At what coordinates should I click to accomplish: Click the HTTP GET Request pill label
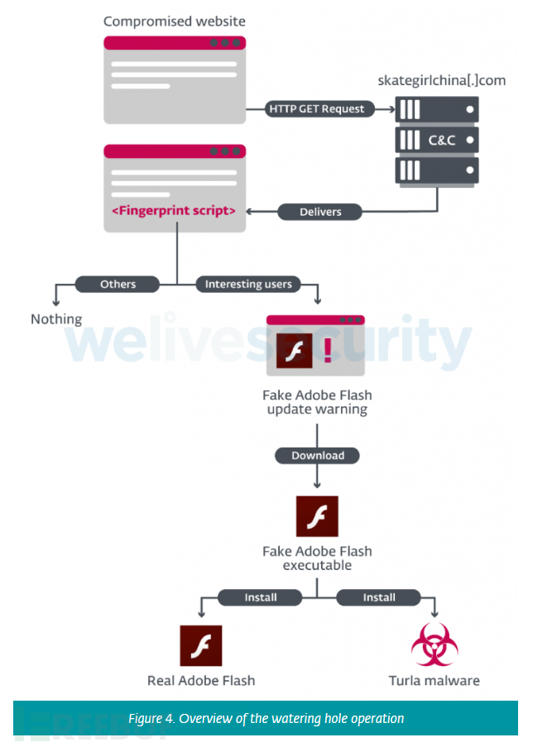coord(316,109)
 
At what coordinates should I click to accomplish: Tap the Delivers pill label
coord(319,212)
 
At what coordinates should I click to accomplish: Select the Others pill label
coord(118,284)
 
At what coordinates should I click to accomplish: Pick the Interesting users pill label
coord(248,284)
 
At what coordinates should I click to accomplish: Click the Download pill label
coord(317,455)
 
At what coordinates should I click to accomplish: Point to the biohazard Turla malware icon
coord(435,645)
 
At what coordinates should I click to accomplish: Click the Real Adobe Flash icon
coord(201,645)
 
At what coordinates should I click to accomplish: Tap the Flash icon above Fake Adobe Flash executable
coord(317,516)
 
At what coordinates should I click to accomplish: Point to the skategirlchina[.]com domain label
coord(441,80)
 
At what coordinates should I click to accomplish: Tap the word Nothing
coord(56,318)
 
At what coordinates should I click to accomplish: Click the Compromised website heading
coord(174,21)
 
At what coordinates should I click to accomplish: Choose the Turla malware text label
coord(434,681)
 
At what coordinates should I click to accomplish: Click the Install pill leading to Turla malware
coord(379,597)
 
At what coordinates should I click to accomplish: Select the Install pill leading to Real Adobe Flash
coord(261,597)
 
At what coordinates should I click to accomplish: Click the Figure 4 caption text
coord(266,718)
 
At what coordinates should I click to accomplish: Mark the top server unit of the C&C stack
coord(437,109)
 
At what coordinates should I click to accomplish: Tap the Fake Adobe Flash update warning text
coord(317,402)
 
